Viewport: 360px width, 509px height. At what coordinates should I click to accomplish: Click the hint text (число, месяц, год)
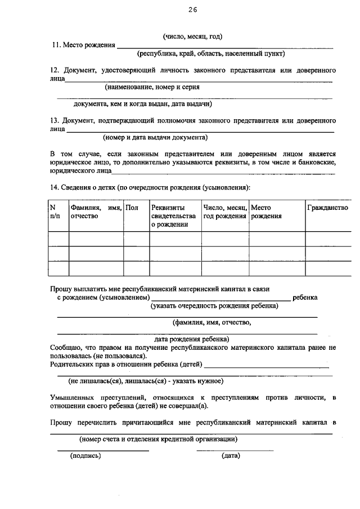point(193,37)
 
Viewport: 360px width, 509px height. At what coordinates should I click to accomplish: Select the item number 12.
point(54,71)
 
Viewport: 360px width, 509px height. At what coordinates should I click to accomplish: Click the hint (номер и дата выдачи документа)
point(155,137)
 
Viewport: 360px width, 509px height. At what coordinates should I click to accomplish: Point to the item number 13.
point(54,121)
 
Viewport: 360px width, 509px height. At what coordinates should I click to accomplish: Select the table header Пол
point(132,208)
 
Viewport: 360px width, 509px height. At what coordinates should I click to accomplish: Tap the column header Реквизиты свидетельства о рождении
point(174,216)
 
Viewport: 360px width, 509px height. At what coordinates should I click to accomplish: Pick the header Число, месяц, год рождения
point(225,212)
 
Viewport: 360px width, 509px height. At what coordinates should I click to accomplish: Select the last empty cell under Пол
point(136,268)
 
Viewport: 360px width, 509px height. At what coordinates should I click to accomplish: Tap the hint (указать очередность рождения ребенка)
point(214,307)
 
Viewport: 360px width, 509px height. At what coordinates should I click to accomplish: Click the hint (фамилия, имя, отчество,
point(211,323)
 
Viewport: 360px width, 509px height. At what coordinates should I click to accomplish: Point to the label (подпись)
point(85,456)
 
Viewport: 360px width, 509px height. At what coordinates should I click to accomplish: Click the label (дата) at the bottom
point(231,456)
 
